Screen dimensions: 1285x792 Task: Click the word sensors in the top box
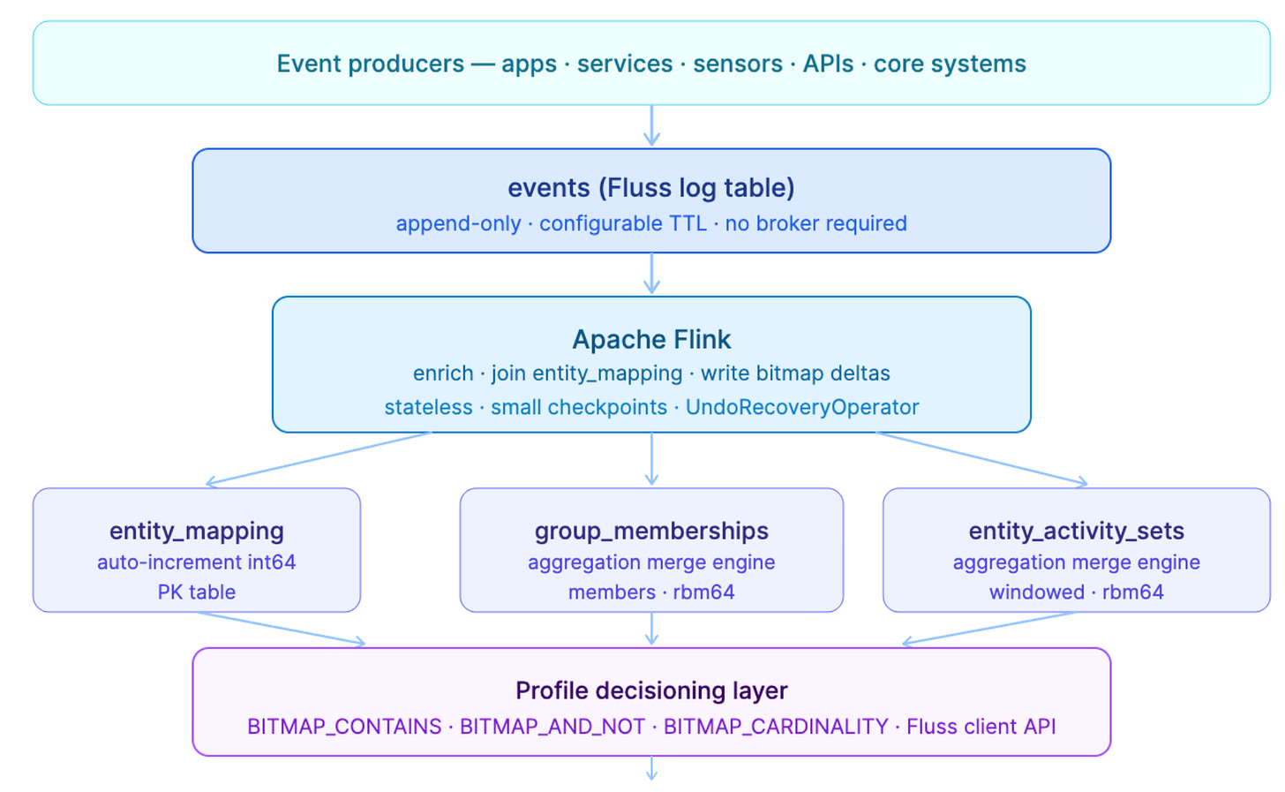tap(738, 64)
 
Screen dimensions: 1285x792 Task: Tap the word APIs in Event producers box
tap(828, 64)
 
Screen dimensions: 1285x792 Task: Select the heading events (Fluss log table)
tap(651, 188)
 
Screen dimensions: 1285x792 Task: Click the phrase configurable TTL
tap(623, 223)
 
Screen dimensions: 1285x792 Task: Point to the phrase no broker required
tap(815, 223)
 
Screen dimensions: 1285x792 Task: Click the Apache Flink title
tap(651, 339)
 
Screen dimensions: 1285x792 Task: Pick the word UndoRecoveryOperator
tap(802, 407)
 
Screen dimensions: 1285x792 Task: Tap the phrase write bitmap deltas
tap(795, 373)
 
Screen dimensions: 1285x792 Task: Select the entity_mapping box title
tap(197, 531)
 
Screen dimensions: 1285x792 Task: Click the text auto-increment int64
tap(197, 562)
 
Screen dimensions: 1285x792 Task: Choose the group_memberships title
tap(651, 531)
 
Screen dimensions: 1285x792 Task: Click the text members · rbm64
tap(651, 592)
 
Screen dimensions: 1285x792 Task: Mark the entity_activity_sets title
tap(1077, 531)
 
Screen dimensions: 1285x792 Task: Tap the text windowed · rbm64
tap(1077, 592)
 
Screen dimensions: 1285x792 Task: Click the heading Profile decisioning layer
tap(651, 690)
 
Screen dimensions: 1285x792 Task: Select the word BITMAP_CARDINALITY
tap(776, 727)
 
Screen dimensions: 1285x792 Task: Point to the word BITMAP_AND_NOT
tap(552, 727)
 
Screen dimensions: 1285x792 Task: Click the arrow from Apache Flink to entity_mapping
tap(318, 458)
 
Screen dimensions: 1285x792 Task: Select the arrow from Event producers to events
tap(651, 125)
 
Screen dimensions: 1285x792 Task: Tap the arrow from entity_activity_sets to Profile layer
tap(989, 629)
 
